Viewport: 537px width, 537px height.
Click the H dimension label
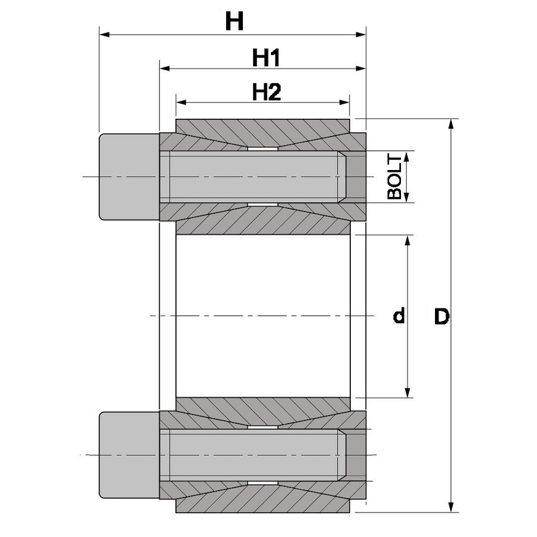tap(234, 21)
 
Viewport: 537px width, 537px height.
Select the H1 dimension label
tap(266, 58)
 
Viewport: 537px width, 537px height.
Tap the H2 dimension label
tap(267, 92)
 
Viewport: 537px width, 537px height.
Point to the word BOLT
tap(394, 177)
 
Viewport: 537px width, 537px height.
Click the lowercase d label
tap(399, 315)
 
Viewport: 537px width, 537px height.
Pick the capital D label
tap(442, 316)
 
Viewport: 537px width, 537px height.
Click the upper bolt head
tap(129, 177)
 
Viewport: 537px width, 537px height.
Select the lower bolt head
tap(129, 455)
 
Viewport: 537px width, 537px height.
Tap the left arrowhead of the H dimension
tap(104, 35)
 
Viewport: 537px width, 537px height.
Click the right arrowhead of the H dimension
tap(361, 35)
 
